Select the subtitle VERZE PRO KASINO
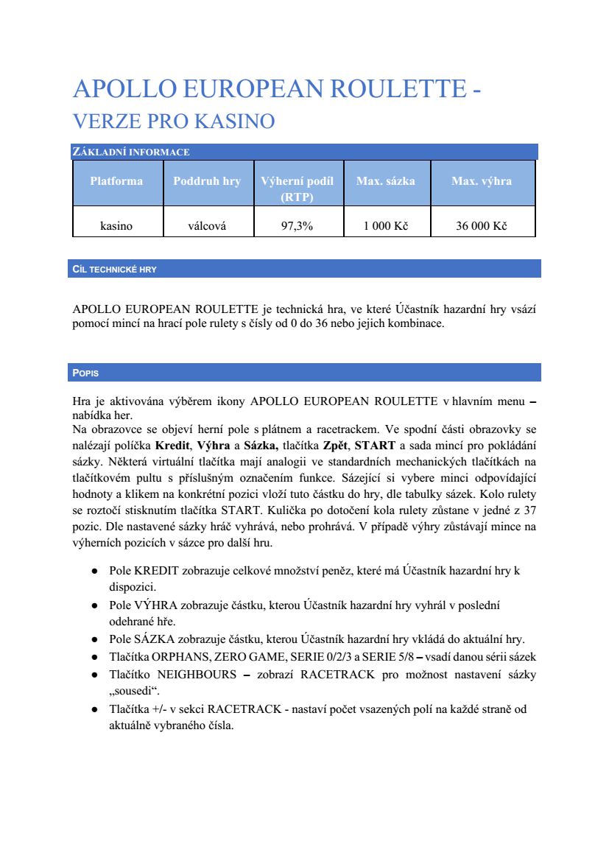174,121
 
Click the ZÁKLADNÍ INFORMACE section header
131,152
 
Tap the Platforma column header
116,181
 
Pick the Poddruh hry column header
207,181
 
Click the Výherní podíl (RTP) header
297,189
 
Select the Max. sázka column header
385,181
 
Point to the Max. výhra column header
481,181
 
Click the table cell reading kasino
116,226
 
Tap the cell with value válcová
207,226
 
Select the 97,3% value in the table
297,226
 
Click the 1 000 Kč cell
385,226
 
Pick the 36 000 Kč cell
481,226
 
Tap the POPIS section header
86,373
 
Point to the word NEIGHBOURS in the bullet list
194,674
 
